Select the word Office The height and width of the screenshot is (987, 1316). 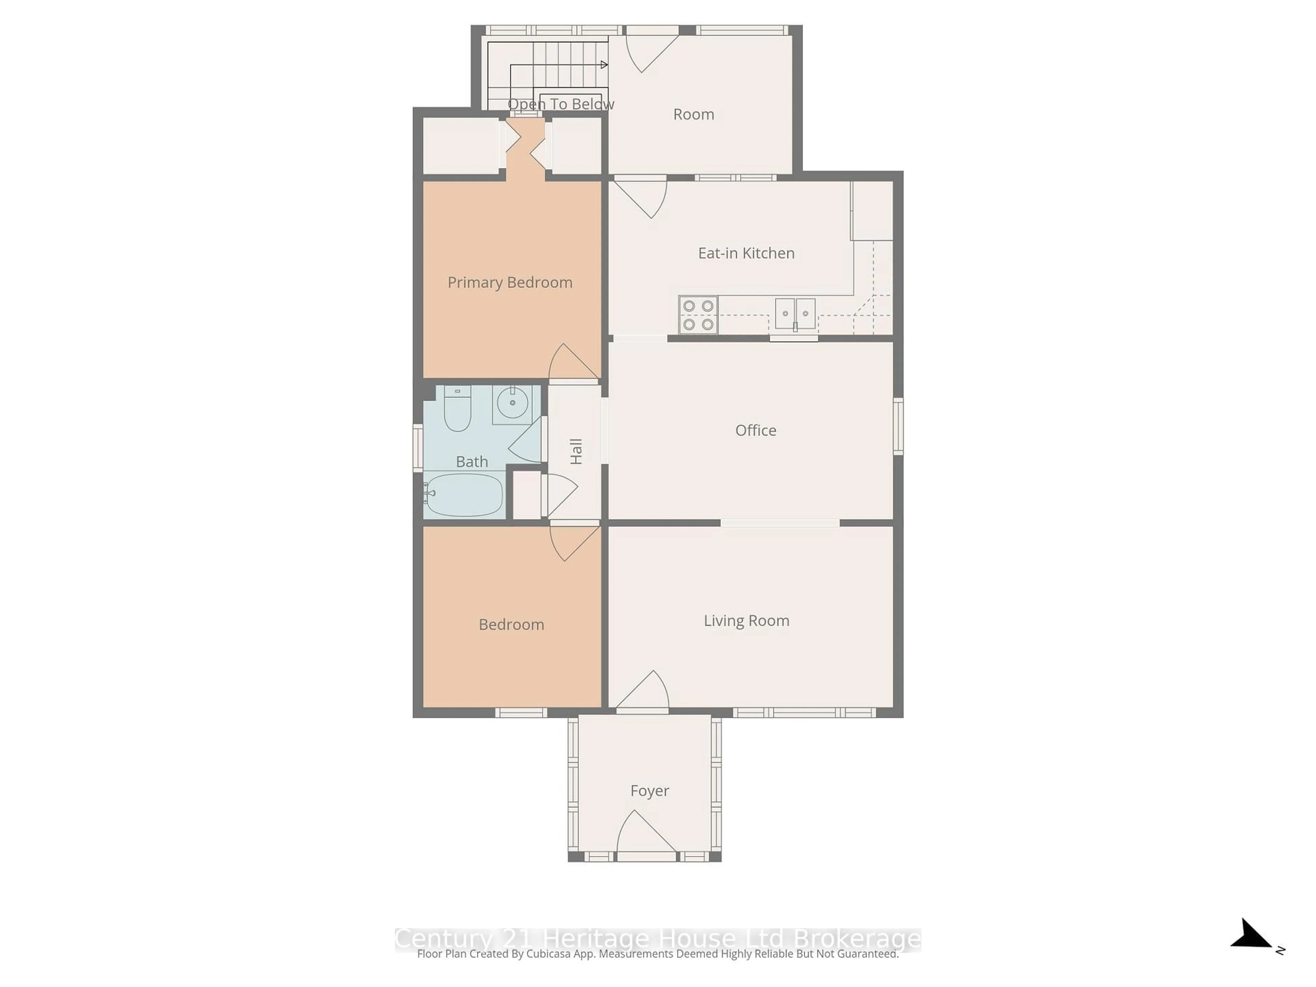tap(756, 430)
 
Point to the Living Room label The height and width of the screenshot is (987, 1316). tap(746, 621)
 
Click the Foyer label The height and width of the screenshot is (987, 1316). tap(649, 791)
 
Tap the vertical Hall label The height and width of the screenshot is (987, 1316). tap(576, 452)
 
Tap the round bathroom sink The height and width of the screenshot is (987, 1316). tap(512, 403)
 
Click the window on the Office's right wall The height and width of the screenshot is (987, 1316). tap(898, 427)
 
